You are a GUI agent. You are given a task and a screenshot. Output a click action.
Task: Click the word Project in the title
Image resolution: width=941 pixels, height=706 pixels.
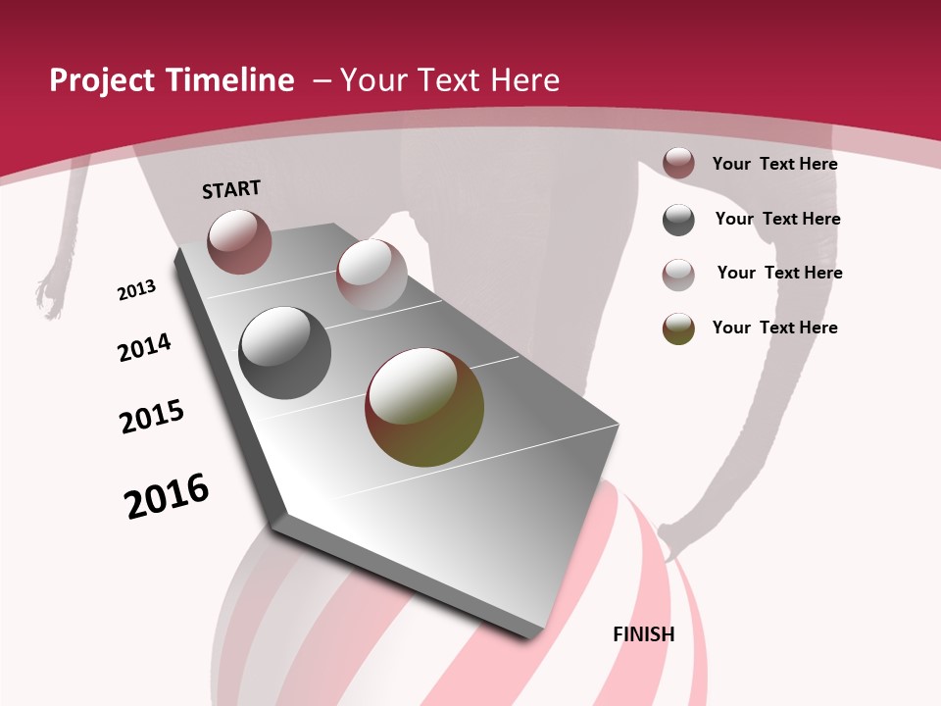[x=102, y=80]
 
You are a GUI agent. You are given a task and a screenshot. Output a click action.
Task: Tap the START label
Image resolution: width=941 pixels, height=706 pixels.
[x=231, y=189]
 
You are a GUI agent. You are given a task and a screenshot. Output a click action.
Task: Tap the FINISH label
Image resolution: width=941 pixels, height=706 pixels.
[x=644, y=634]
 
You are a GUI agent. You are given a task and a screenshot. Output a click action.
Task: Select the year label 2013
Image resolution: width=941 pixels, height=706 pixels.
[x=137, y=290]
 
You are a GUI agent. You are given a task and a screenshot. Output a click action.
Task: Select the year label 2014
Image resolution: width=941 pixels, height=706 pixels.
[x=144, y=347]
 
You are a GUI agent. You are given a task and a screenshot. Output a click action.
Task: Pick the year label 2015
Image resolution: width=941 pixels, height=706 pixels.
[x=152, y=417]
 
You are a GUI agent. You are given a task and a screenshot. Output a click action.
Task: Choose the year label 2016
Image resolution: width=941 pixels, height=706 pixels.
[x=167, y=495]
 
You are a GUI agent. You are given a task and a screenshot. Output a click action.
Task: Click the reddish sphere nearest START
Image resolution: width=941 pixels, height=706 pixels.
[x=239, y=241]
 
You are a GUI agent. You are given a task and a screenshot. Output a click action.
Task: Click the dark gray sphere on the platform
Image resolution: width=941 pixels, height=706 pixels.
[x=285, y=353]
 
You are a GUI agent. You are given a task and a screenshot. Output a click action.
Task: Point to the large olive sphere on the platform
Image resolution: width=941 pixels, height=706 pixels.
[x=424, y=407]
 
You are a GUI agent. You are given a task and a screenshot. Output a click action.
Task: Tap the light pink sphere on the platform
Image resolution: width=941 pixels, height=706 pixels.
[x=371, y=275]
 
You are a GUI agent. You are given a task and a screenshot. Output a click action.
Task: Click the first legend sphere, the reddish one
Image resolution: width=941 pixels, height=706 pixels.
[x=678, y=163]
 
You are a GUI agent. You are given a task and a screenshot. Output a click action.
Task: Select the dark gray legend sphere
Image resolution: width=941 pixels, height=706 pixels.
[x=678, y=220]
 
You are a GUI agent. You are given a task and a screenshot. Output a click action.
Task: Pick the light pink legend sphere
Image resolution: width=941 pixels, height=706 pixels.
[x=678, y=274]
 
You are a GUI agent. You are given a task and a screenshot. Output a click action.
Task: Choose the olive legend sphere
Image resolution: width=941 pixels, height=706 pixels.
[x=678, y=328]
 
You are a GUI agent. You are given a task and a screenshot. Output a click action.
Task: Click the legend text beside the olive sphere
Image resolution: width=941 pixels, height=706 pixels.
[x=774, y=328]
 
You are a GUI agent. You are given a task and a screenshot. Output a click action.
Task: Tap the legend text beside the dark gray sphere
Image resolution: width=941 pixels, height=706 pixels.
[x=777, y=219]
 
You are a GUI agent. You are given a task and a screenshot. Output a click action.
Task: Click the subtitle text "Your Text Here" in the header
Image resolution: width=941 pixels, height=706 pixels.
[x=450, y=80]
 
